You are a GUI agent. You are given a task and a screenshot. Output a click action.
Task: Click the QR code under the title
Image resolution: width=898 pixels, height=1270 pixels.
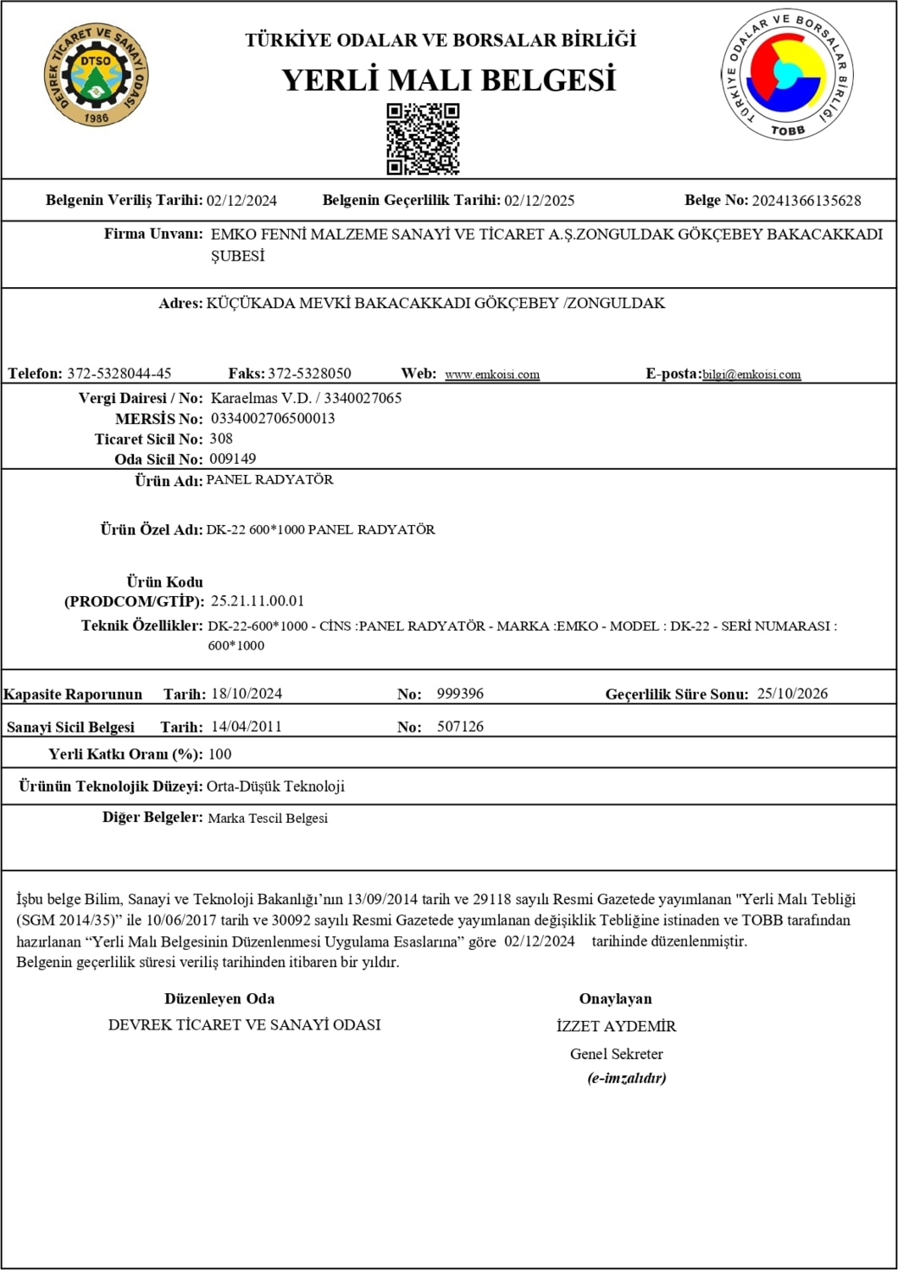click(x=423, y=139)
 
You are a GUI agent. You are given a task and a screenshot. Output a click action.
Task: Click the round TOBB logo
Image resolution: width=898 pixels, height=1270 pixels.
click(x=787, y=75)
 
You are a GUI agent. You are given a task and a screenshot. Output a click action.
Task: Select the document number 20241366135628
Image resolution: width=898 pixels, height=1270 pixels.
click(x=806, y=201)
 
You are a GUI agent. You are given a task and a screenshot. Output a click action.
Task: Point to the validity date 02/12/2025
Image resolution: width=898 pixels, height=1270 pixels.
click(x=539, y=201)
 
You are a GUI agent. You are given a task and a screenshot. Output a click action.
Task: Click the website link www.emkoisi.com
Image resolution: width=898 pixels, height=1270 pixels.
click(x=492, y=374)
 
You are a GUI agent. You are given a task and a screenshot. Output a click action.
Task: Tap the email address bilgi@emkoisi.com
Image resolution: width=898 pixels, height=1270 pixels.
click(x=751, y=374)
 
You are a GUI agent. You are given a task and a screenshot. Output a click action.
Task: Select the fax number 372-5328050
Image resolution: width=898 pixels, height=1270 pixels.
click(x=309, y=373)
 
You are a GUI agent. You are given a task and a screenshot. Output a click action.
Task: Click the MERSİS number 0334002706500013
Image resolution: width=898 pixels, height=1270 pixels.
click(x=273, y=418)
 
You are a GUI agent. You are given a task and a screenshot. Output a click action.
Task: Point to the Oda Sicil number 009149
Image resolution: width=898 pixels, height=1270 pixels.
click(x=233, y=459)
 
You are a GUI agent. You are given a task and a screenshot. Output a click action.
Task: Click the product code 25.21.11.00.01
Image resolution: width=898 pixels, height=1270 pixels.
click(x=258, y=601)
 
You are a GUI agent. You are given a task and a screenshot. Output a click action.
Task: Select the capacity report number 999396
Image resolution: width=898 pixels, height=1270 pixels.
click(x=460, y=693)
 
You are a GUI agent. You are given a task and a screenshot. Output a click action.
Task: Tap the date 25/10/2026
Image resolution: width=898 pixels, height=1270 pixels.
click(x=792, y=693)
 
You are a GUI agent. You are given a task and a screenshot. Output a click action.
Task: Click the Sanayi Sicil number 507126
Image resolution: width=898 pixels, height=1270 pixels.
click(x=460, y=726)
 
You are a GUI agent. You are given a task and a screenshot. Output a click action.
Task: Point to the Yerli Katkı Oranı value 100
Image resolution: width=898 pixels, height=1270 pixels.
click(x=219, y=754)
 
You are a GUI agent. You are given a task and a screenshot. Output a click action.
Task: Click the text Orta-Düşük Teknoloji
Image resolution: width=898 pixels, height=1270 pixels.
click(x=275, y=786)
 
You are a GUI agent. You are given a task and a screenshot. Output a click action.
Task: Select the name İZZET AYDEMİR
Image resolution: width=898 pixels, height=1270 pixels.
click(x=616, y=1026)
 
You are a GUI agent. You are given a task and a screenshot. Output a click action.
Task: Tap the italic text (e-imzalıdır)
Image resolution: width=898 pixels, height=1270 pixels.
click(x=626, y=1078)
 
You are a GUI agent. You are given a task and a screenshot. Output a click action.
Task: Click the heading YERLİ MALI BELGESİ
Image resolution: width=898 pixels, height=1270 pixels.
click(x=448, y=80)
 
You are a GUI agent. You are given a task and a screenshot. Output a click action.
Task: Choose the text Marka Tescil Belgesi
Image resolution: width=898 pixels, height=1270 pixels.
click(x=268, y=818)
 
